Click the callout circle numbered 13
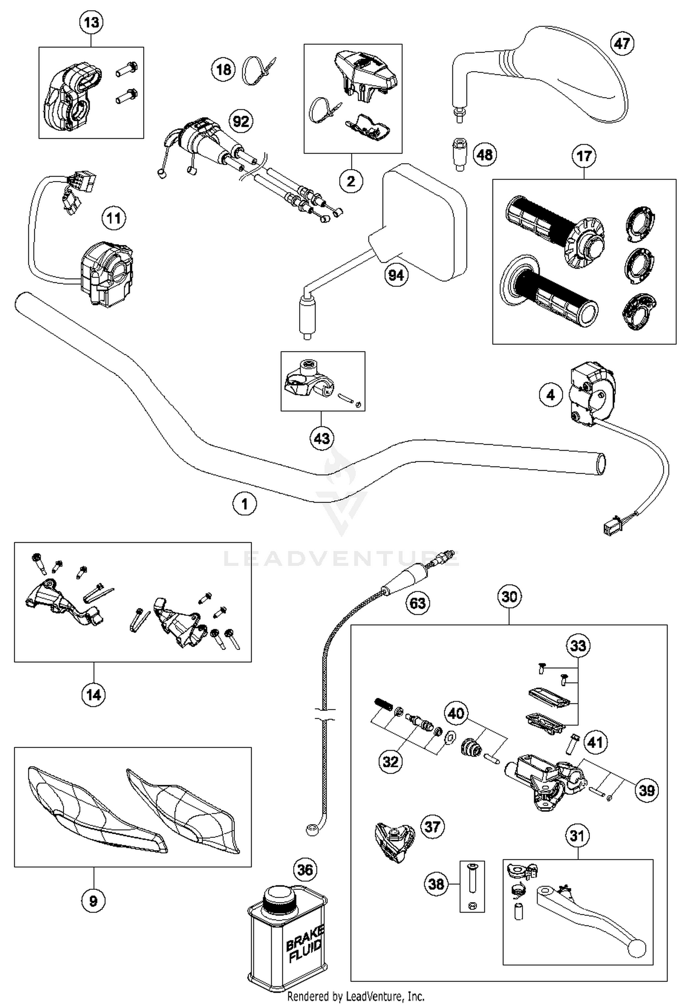click(91, 22)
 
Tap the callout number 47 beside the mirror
click(622, 44)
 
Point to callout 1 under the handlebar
click(244, 504)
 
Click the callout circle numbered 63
click(418, 603)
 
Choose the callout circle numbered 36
click(305, 870)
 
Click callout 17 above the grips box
click(584, 156)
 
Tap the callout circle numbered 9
click(93, 901)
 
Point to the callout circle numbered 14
click(93, 695)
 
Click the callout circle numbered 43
click(322, 438)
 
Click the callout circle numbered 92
click(241, 121)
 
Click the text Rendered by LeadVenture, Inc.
click(356, 997)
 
